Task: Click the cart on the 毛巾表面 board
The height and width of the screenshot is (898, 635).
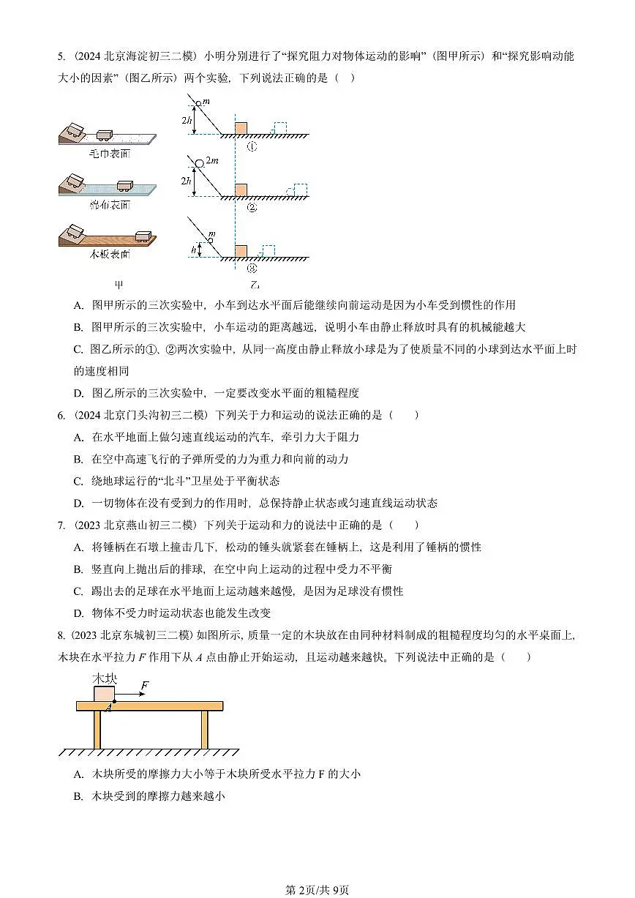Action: click(x=104, y=135)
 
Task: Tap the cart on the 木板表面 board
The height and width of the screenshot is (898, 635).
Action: click(x=143, y=236)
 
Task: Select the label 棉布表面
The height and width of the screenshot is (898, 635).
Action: click(x=109, y=205)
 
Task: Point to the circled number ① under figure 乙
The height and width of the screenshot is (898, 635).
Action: click(x=251, y=146)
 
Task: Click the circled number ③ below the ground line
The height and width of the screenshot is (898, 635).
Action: click(x=251, y=268)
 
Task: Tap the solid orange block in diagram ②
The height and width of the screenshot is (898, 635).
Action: click(x=241, y=190)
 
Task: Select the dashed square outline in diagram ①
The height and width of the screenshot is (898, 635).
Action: click(x=279, y=128)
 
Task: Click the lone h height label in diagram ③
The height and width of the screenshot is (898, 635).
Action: click(x=193, y=250)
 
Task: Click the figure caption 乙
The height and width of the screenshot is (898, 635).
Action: click(x=254, y=285)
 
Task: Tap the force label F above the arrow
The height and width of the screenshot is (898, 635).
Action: click(x=145, y=685)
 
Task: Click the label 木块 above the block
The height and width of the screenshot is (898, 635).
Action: click(x=104, y=678)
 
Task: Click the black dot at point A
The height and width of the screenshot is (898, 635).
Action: click(x=114, y=701)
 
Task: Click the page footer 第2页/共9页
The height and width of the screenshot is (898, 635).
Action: click(x=317, y=890)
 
